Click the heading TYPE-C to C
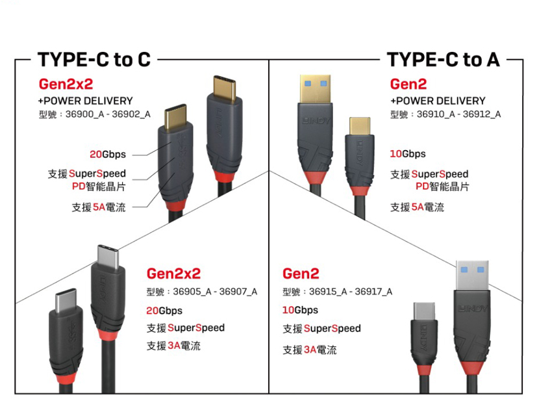tap(94, 60)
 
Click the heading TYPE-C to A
tap(443, 60)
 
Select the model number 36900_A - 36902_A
tap(108, 114)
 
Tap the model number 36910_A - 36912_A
tap(458, 114)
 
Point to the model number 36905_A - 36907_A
tap(215, 292)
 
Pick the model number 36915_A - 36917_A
tap(351, 292)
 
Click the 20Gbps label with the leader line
tap(108, 155)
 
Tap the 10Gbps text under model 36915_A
tap(300, 310)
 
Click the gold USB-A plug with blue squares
tap(315, 89)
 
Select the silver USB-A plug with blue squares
tap(472, 275)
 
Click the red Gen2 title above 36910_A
tap(408, 84)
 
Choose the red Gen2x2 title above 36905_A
tap(173, 274)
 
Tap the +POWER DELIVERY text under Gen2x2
tap(85, 101)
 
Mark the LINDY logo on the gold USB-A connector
tap(316, 121)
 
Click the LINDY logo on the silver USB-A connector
tap(473, 309)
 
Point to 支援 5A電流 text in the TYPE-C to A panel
tap(417, 207)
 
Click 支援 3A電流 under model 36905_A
tap(173, 346)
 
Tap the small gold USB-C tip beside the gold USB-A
tap(360, 126)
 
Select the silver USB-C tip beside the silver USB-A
tap(424, 312)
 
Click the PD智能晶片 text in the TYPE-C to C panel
tap(99, 187)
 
